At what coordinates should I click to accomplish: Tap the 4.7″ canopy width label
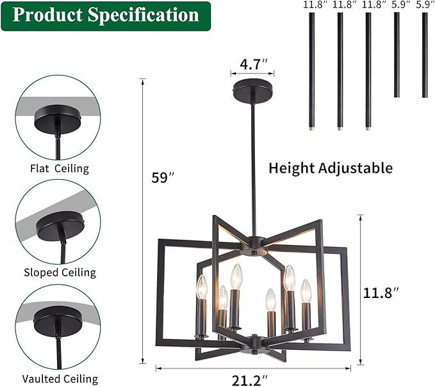click(x=253, y=64)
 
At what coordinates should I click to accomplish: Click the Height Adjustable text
click(x=330, y=168)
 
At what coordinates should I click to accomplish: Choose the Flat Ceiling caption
click(x=59, y=169)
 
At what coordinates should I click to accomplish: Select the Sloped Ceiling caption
click(x=59, y=272)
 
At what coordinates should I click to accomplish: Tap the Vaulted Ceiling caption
click(x=59, y=379)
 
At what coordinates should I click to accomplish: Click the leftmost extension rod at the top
click(x=311, y=70)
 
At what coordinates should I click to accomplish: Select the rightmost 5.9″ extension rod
click(x=425, y=55)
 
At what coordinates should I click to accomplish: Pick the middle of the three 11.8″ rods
click(x=340, y=70)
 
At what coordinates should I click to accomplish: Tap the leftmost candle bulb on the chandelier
click(x=202, y=288)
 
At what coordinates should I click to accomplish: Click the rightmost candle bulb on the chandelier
click(x=306, y=291)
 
